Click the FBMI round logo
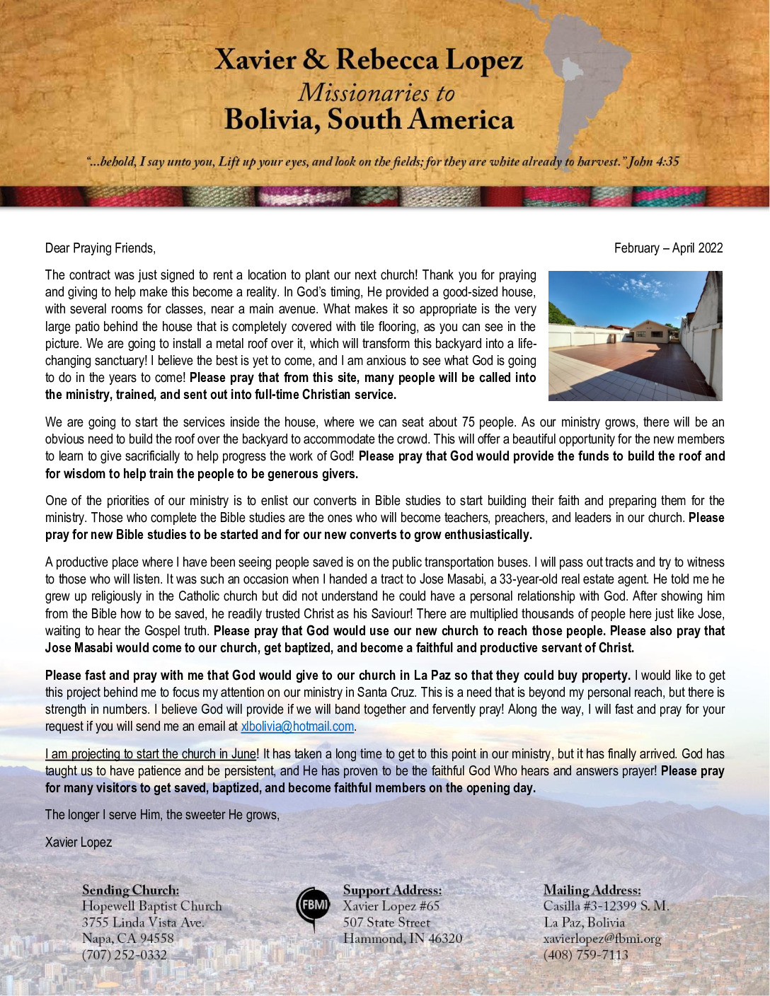click(313, 906)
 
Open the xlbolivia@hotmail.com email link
click(297, 726)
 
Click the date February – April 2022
click(668, 248)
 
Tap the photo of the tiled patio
click(635, 336)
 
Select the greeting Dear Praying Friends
click(100, 248)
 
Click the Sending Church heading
click(130, 890)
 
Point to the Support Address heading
click(392, 890)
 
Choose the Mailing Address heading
click(592, 890)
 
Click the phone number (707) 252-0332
click(125, 955)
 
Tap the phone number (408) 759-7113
click(585, 955)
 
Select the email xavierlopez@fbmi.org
click(602, 939)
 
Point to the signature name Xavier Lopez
click(79, 842)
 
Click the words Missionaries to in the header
click(376, 93)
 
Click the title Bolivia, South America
click(369, 120)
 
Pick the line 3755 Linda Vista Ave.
click(143, 922)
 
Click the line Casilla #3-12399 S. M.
click(606, 906)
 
